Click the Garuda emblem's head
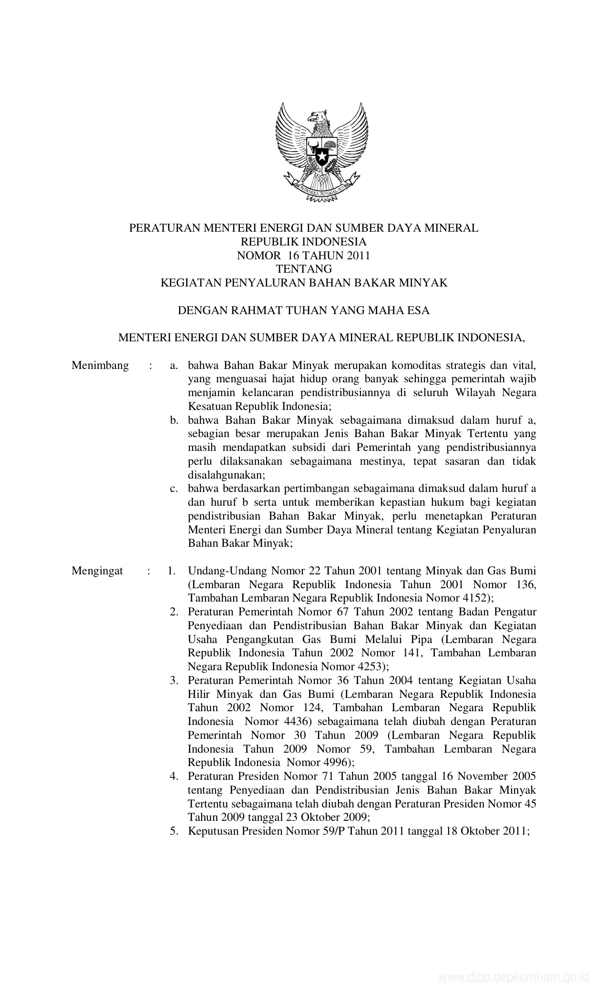316,116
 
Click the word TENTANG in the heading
304,269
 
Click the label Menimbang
100,366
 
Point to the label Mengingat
97,571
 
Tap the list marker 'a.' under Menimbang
174,366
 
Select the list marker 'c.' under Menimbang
174,488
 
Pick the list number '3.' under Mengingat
174,680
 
